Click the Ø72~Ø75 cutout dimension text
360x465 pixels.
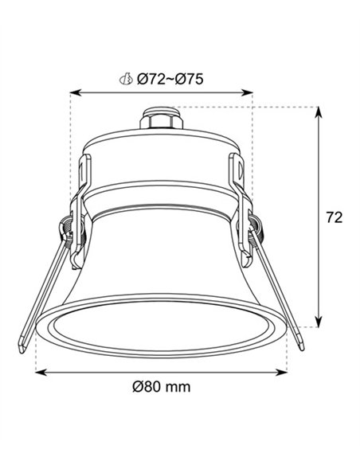pyautogui.click(x=170, y=80)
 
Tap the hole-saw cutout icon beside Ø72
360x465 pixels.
pyautogui.click(x=126, y=79)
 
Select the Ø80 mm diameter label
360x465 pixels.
pyautogui.click(x=162, y=387)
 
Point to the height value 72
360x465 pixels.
pyautogui.click(x=335, y=217)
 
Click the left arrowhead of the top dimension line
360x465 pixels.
pyautogui.click(x=76, y=93)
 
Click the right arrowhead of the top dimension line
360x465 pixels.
pyautogui.click(x=247, y=93)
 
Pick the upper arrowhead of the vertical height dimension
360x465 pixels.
pyautogui.click(x=319, y=112)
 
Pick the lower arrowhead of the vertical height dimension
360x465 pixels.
pyautogui.click(x=319, y=322)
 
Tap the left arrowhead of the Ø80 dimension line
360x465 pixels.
pyautogui.click(x=41, y=373)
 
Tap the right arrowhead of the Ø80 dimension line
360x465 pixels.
pyautogui.click(x=281, y=373)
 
